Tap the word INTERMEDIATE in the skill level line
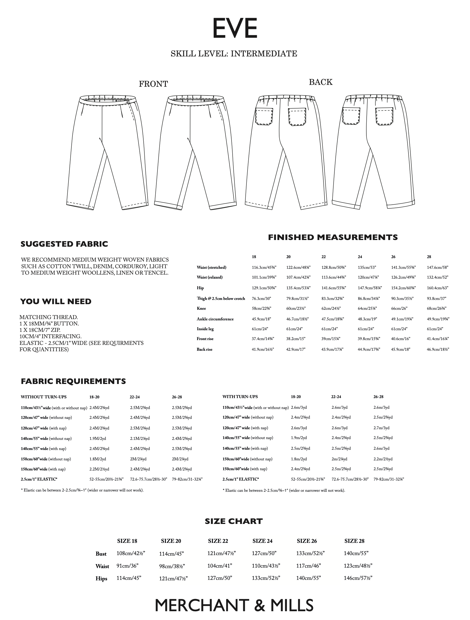pos(264,53)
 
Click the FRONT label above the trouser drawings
pos(153,84)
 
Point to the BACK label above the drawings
pos(321,82)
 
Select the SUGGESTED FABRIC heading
pos(64,244)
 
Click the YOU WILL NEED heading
pos(56,301)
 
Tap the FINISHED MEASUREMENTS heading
pos(333,237)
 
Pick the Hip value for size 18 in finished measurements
pos(264,288)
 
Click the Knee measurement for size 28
pos(437,308)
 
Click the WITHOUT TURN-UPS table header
pos(44,397)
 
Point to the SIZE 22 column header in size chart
pos(218,541)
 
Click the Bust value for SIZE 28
pos(356,553)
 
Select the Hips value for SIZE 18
pos(129,578)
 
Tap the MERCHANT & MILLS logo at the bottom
pos(234,605)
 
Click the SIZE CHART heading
pos(234,521)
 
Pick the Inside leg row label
pos(205,329)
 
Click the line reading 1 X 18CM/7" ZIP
pos(40,330)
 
